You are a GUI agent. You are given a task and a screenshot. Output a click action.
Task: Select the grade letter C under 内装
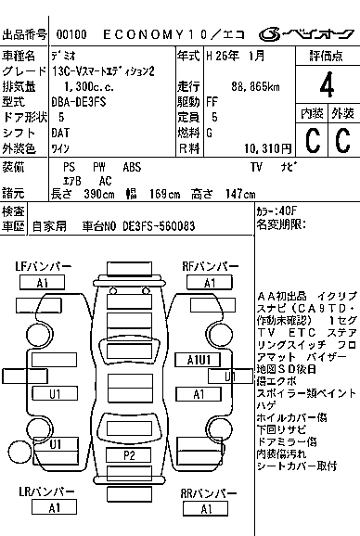coord(311,140)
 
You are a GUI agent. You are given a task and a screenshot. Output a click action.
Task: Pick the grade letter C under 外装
coord(342,140)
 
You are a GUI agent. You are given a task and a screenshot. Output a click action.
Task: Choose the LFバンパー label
coord(43,267)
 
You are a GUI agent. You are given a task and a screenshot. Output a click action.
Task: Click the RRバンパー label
coord(209,492)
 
